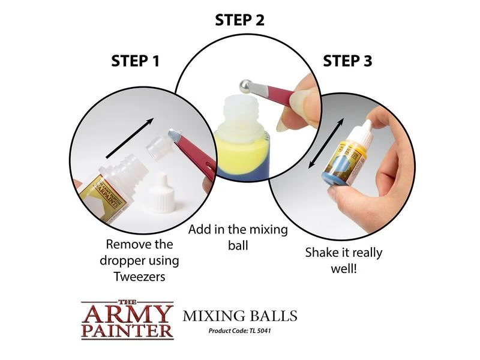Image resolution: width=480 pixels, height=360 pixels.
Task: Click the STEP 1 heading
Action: point(136,61)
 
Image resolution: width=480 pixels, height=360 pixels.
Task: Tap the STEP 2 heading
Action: point(239,20)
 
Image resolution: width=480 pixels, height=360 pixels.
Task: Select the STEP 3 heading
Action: point(347,61)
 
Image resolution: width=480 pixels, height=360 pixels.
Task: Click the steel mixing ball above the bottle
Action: point(245,86)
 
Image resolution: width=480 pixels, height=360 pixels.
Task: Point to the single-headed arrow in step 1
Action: point(130,138)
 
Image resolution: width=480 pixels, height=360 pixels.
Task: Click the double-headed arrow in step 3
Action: point(326,143)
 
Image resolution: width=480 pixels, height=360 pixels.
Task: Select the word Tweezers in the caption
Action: point(140,277)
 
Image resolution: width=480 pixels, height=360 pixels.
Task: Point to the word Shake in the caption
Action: point(320,253)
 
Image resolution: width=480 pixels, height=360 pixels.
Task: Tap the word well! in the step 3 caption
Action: point(344,269)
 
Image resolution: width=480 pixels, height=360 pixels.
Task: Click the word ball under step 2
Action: point(238,245)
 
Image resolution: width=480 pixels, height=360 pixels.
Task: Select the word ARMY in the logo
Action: point(127,313)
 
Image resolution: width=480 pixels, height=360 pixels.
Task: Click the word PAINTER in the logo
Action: point(127,331)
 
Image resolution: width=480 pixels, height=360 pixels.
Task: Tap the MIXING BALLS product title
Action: point(240,316)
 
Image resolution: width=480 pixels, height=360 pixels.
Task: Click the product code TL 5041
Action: point(260,331)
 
